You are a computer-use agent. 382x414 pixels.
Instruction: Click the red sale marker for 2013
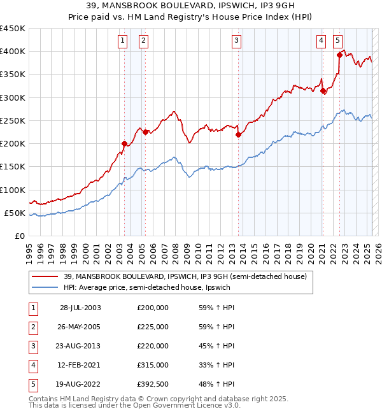238,134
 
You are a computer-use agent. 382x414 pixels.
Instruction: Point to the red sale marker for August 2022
339,55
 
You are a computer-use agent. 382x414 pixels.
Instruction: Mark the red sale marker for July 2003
124,143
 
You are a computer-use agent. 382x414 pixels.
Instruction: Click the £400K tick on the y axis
13,52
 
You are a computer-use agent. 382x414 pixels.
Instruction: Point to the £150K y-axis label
13,167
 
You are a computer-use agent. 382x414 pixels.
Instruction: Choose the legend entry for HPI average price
150,287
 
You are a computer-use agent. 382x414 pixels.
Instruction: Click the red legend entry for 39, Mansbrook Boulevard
185,276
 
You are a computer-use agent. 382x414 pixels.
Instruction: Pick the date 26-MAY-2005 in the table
80,327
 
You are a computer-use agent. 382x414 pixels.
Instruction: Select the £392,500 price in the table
153,384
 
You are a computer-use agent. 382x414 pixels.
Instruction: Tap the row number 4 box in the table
31,365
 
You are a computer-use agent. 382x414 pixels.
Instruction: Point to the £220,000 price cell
153,346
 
